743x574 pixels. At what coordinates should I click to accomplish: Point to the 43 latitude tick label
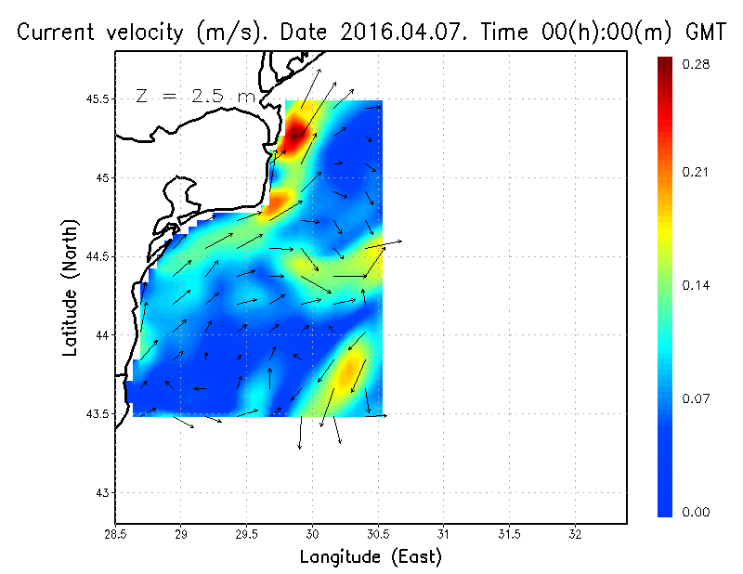tap(100, 492)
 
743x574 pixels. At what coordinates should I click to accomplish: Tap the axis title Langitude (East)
tap(370, 557)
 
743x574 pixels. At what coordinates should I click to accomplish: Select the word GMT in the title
tap(704, 33)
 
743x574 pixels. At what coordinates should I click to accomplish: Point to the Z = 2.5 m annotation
tap(194, 95)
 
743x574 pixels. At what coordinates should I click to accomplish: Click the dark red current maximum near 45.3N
tap(295, 133)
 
